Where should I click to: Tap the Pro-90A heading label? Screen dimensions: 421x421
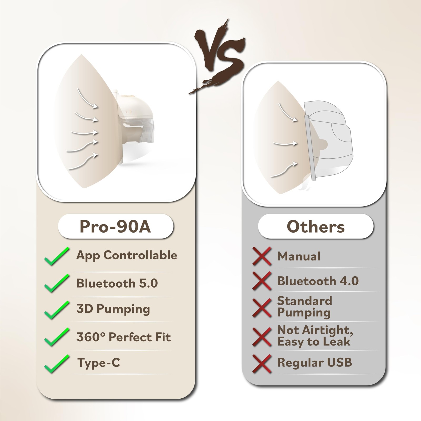point(116,226)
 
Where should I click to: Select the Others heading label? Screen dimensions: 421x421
point(315,226)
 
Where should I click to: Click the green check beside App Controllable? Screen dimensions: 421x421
point(57,256)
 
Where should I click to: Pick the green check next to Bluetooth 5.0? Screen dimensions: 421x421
point(57,283)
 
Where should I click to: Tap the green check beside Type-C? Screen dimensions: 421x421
point(57,364)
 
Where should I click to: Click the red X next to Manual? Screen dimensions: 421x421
point(262,256)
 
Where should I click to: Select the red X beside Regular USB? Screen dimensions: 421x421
point(262,363)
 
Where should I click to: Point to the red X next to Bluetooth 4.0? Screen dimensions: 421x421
point(262,281)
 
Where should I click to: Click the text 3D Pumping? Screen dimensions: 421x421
point(113,309)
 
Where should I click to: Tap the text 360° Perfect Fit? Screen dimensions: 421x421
point(123,337)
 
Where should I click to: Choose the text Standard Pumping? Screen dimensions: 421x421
point(304,307)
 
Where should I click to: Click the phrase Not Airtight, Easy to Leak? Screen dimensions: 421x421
point(315,336)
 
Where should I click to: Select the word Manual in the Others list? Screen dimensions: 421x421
point(299,256)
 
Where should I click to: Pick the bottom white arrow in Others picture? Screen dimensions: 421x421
point(284,170)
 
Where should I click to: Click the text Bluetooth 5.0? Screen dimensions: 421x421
point(117,283)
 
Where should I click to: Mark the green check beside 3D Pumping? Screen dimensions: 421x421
point(57,310)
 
